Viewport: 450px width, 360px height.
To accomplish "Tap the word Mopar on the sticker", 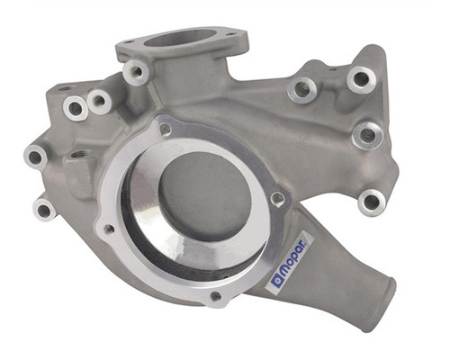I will point(294,260).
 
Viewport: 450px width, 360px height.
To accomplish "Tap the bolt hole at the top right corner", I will point(361,79).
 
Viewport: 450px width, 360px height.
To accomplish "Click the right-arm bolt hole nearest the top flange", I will point(301,90).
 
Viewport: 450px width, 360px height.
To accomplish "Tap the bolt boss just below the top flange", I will point(137,72).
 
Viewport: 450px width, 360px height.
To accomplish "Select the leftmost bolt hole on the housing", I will point(35,157).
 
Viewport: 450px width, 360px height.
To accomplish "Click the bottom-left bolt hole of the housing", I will point(43,211).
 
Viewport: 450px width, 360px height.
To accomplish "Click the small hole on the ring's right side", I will point(277,200).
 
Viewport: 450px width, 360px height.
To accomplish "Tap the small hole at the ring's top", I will point(166,129).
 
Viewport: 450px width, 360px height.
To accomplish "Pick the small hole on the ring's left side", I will point(109,229).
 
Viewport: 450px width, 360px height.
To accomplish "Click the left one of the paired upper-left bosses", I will point(75,109).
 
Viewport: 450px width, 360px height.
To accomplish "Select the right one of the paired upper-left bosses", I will point(99,102).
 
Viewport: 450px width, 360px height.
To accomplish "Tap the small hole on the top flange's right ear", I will point(232,37).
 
